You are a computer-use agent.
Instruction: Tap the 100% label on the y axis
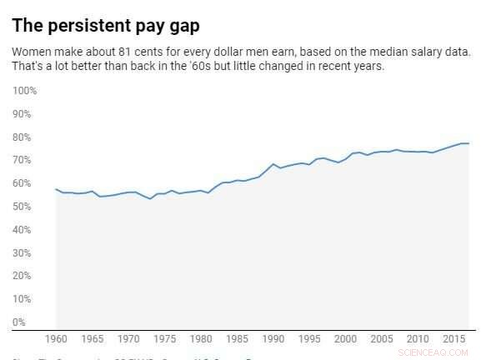point(25,90)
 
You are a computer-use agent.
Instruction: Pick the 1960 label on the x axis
point(57,340)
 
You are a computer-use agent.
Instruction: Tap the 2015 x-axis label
point(453,340)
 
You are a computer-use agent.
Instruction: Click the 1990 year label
point(273,340)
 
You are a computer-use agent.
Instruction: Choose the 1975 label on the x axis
point(165,340)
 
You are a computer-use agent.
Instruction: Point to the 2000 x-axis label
point(345,340)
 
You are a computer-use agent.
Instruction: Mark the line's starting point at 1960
point(56,189)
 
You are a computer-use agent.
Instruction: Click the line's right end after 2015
point(468,143)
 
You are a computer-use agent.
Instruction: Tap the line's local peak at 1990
point(273,164)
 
